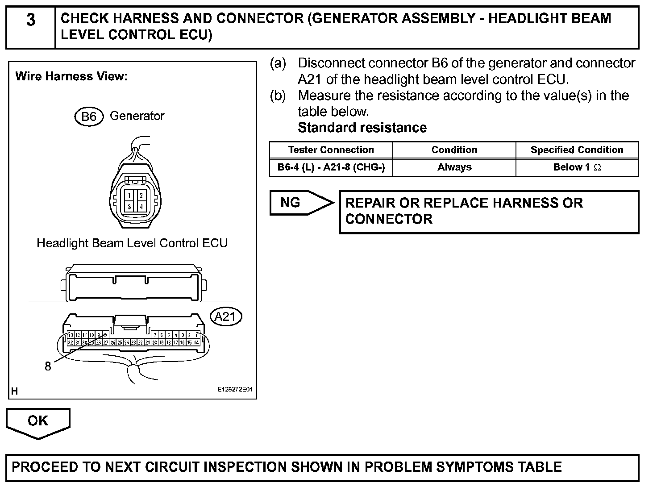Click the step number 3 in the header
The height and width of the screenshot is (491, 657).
pyautogui.click(x=30, y=20)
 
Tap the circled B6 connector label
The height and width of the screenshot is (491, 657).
pyautogui.click(x=89, y=117)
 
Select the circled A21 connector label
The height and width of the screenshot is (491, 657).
pyautogui.click(x=225, y=317)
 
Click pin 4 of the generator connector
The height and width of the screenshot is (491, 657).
pyautogui.click(x=141, y=207)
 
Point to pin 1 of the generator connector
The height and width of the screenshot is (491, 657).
pyautogui.click(x=129, y=196)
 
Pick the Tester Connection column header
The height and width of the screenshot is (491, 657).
pyautogui.click(x=331, y=150)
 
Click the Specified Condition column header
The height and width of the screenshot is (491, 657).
pyautogui.click(x=577, y=150)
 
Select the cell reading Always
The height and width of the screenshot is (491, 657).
pyautogui.click(x=454, y=167)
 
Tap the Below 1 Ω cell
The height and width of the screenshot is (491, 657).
pyautogui.click(x=577, y=167)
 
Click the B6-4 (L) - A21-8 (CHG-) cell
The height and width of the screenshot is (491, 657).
pyautogui.click(x=331, y=167)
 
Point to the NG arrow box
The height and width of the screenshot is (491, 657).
pyautogui.click(x=297, y=203)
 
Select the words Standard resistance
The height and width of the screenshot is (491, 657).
pyautogui.click(x=362, y=128)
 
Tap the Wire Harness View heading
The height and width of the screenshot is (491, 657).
pyautogui.click(x=71, y=76)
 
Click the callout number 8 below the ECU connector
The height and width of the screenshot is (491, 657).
pyautogui.click(x=48, y=366)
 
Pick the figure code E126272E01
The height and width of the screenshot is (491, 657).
pyautogui.click(x=235, y=390)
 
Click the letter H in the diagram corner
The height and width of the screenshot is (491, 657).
pyautogui.click(x=15, y=391)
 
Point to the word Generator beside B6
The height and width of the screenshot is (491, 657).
pyautogui.click(x=137, y=116)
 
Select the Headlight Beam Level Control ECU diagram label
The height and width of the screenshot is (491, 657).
pyautogui.click(x=132, y=243)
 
